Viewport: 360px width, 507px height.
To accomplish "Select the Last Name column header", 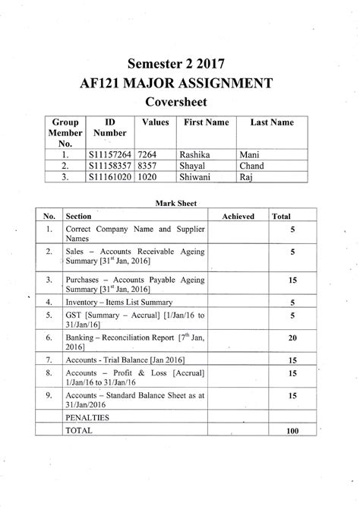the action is pyautogui.click(x=266, y=122).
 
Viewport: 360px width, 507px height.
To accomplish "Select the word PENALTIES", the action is pyautogui.click(x=87, y=418).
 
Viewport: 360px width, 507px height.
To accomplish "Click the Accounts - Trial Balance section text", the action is pyautogui.click(x=125, y=359).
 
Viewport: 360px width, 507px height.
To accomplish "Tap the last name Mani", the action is pyautogui.click(x=249, y=154).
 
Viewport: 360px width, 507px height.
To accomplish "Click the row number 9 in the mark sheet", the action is pyautogui.click(x=48, y=395).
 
